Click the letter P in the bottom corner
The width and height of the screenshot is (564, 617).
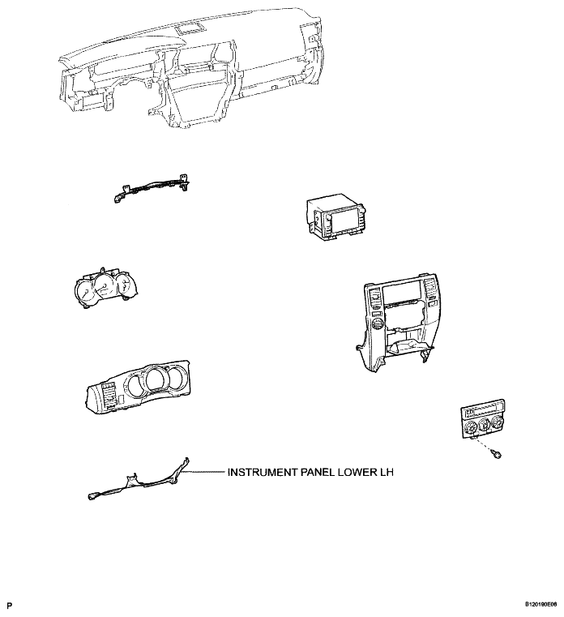click(10, 605)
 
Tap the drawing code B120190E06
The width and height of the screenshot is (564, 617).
click(540, 604)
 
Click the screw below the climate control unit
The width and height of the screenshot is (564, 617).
click(497, 456)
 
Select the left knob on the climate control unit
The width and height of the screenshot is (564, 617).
click(470, 427)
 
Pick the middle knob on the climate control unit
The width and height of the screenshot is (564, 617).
click(484, 425)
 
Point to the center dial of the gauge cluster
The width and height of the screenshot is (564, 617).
click(104, 288)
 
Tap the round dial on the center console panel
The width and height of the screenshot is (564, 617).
click(377, 324)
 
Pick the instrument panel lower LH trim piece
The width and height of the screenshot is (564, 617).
click(141, 481)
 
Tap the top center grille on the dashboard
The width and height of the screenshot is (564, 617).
click(190, 28)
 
